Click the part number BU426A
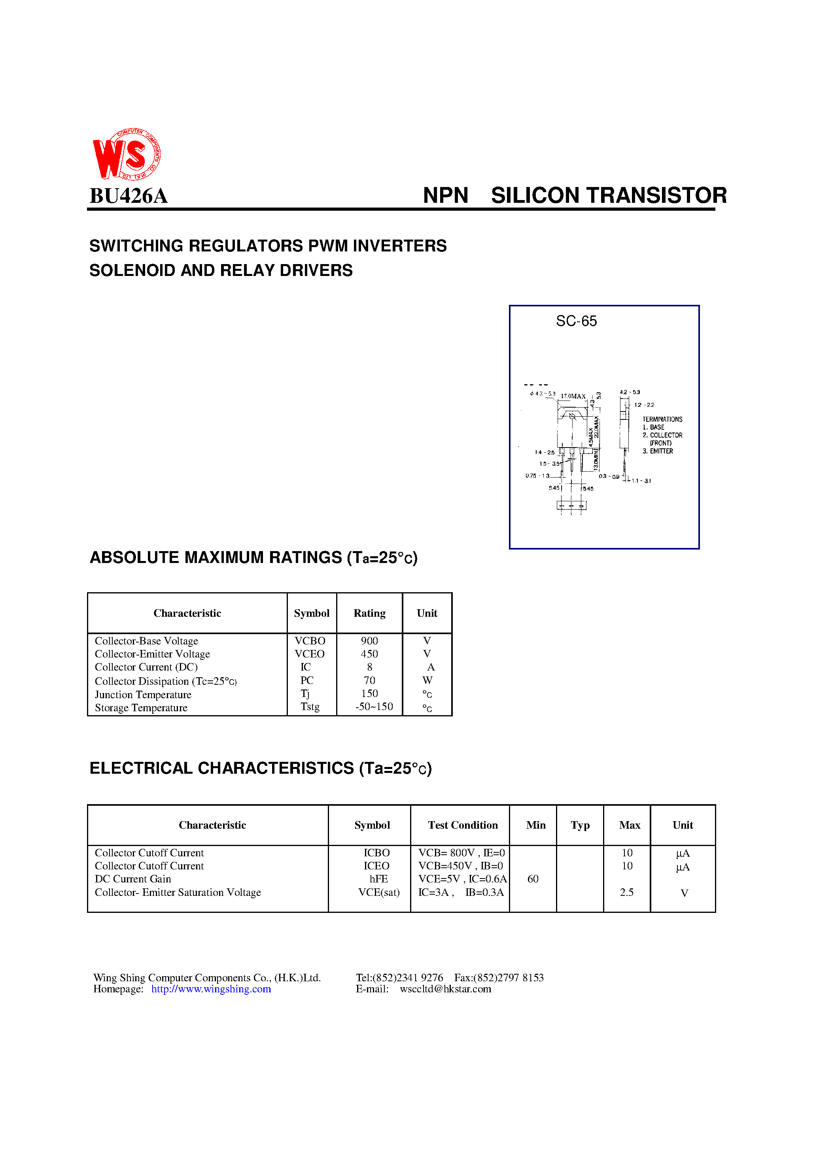coord(129,196)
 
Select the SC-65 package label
coord(576,321)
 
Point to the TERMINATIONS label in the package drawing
coord(662,419)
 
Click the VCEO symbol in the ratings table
coord(309,654)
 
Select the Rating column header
coord(369,613)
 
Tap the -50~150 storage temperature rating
coord(374,707)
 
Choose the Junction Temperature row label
coord(143,695)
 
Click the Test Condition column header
coord(462,825)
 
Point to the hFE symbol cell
coord(378,879)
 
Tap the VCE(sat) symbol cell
coord(378,892)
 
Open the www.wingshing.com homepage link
coord(211,989)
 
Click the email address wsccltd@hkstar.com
coord(445,989)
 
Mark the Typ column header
coord(580,825)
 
